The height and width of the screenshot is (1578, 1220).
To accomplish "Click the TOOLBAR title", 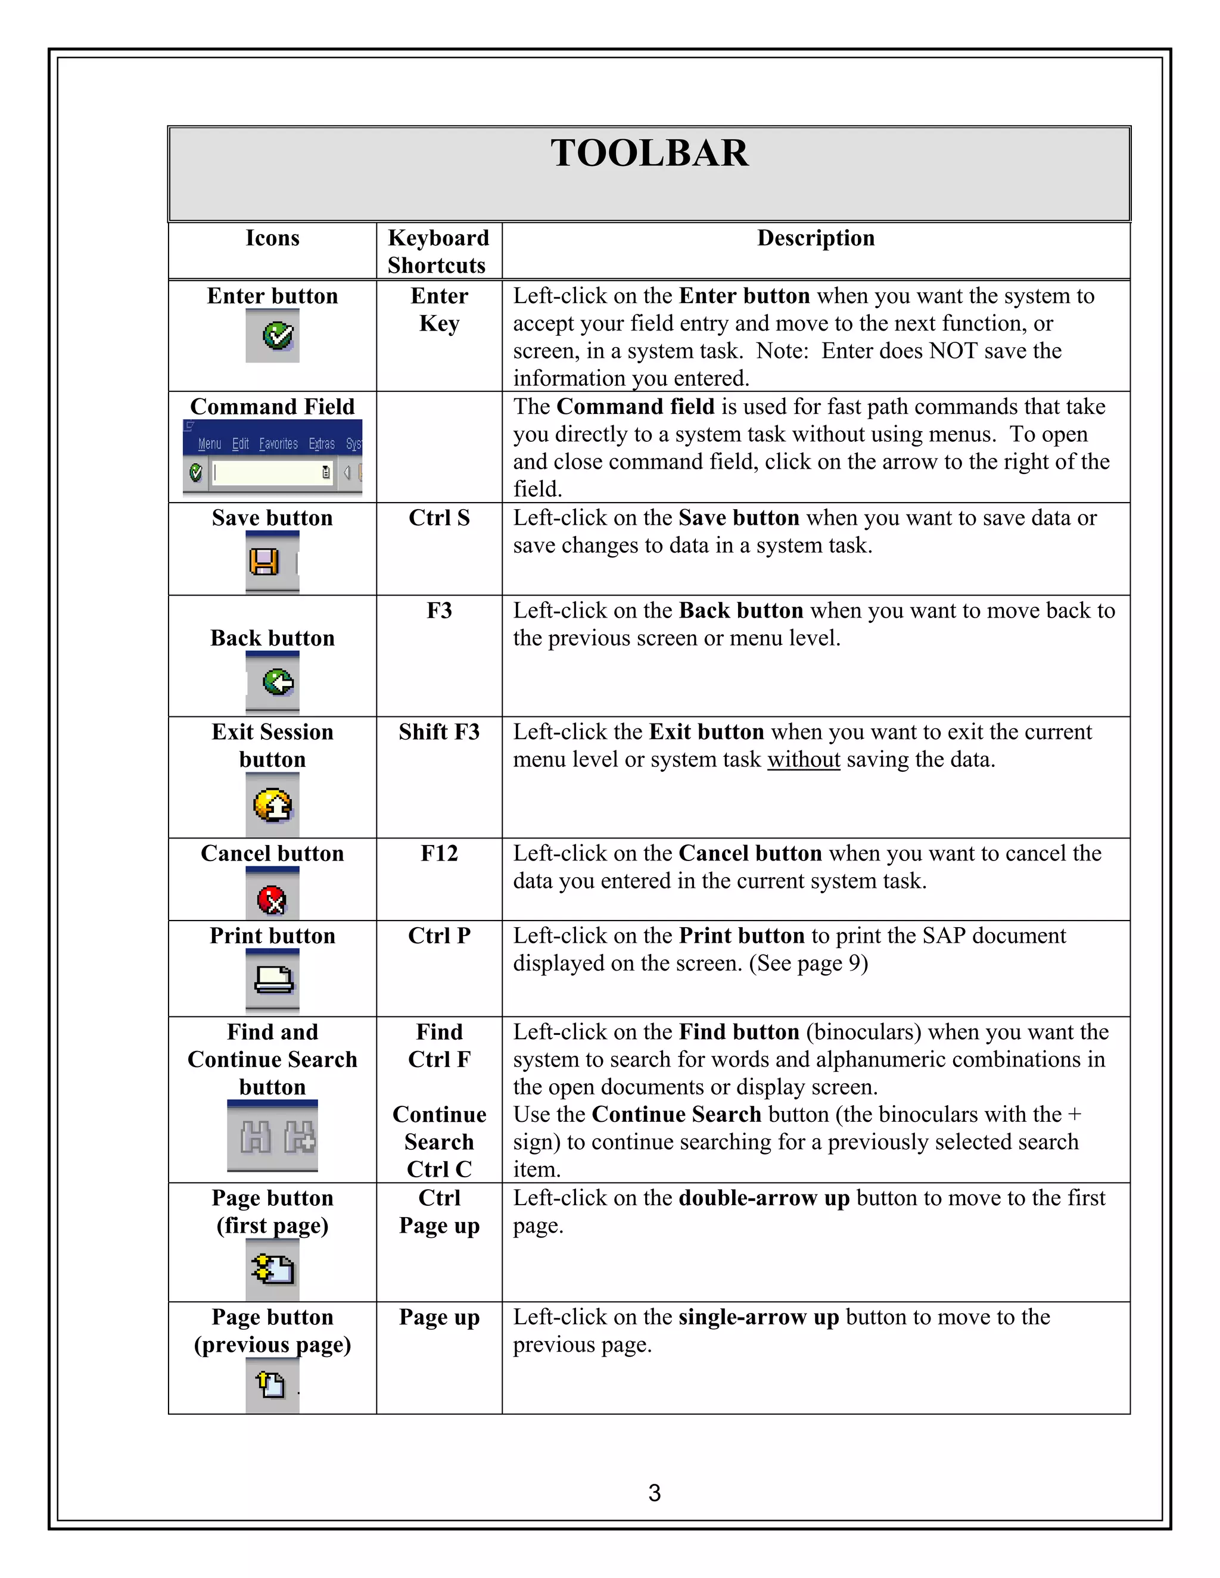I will pos(649,153).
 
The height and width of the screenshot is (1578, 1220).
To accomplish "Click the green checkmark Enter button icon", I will pos(278,336).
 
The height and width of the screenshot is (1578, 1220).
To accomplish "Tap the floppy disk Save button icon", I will pos(264,562).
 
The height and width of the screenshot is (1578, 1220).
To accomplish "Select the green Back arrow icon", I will pos(278,681).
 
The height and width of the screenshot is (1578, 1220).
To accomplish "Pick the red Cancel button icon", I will pos(272,900).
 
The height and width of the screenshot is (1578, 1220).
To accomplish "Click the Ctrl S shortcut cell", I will pos(438,518).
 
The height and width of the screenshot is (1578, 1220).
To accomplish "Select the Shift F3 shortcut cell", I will pos(438,732).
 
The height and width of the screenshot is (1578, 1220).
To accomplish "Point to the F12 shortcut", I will pos(438,853).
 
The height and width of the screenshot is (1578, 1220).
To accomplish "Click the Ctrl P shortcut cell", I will pos(438,935).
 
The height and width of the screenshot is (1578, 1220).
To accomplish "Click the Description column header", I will pos(816,238).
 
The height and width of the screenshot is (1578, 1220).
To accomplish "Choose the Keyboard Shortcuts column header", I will pos(438,251).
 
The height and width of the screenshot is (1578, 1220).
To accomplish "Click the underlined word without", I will pos(803,759).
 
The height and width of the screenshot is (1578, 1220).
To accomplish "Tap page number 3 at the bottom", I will pos(654,1492).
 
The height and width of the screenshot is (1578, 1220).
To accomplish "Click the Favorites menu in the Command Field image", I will pos(278,444).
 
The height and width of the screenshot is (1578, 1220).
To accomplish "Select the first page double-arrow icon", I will pos(272,1269).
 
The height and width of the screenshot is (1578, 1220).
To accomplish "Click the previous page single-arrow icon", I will pos(271,1384).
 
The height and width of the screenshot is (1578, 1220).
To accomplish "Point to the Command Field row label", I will pos(272,407).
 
